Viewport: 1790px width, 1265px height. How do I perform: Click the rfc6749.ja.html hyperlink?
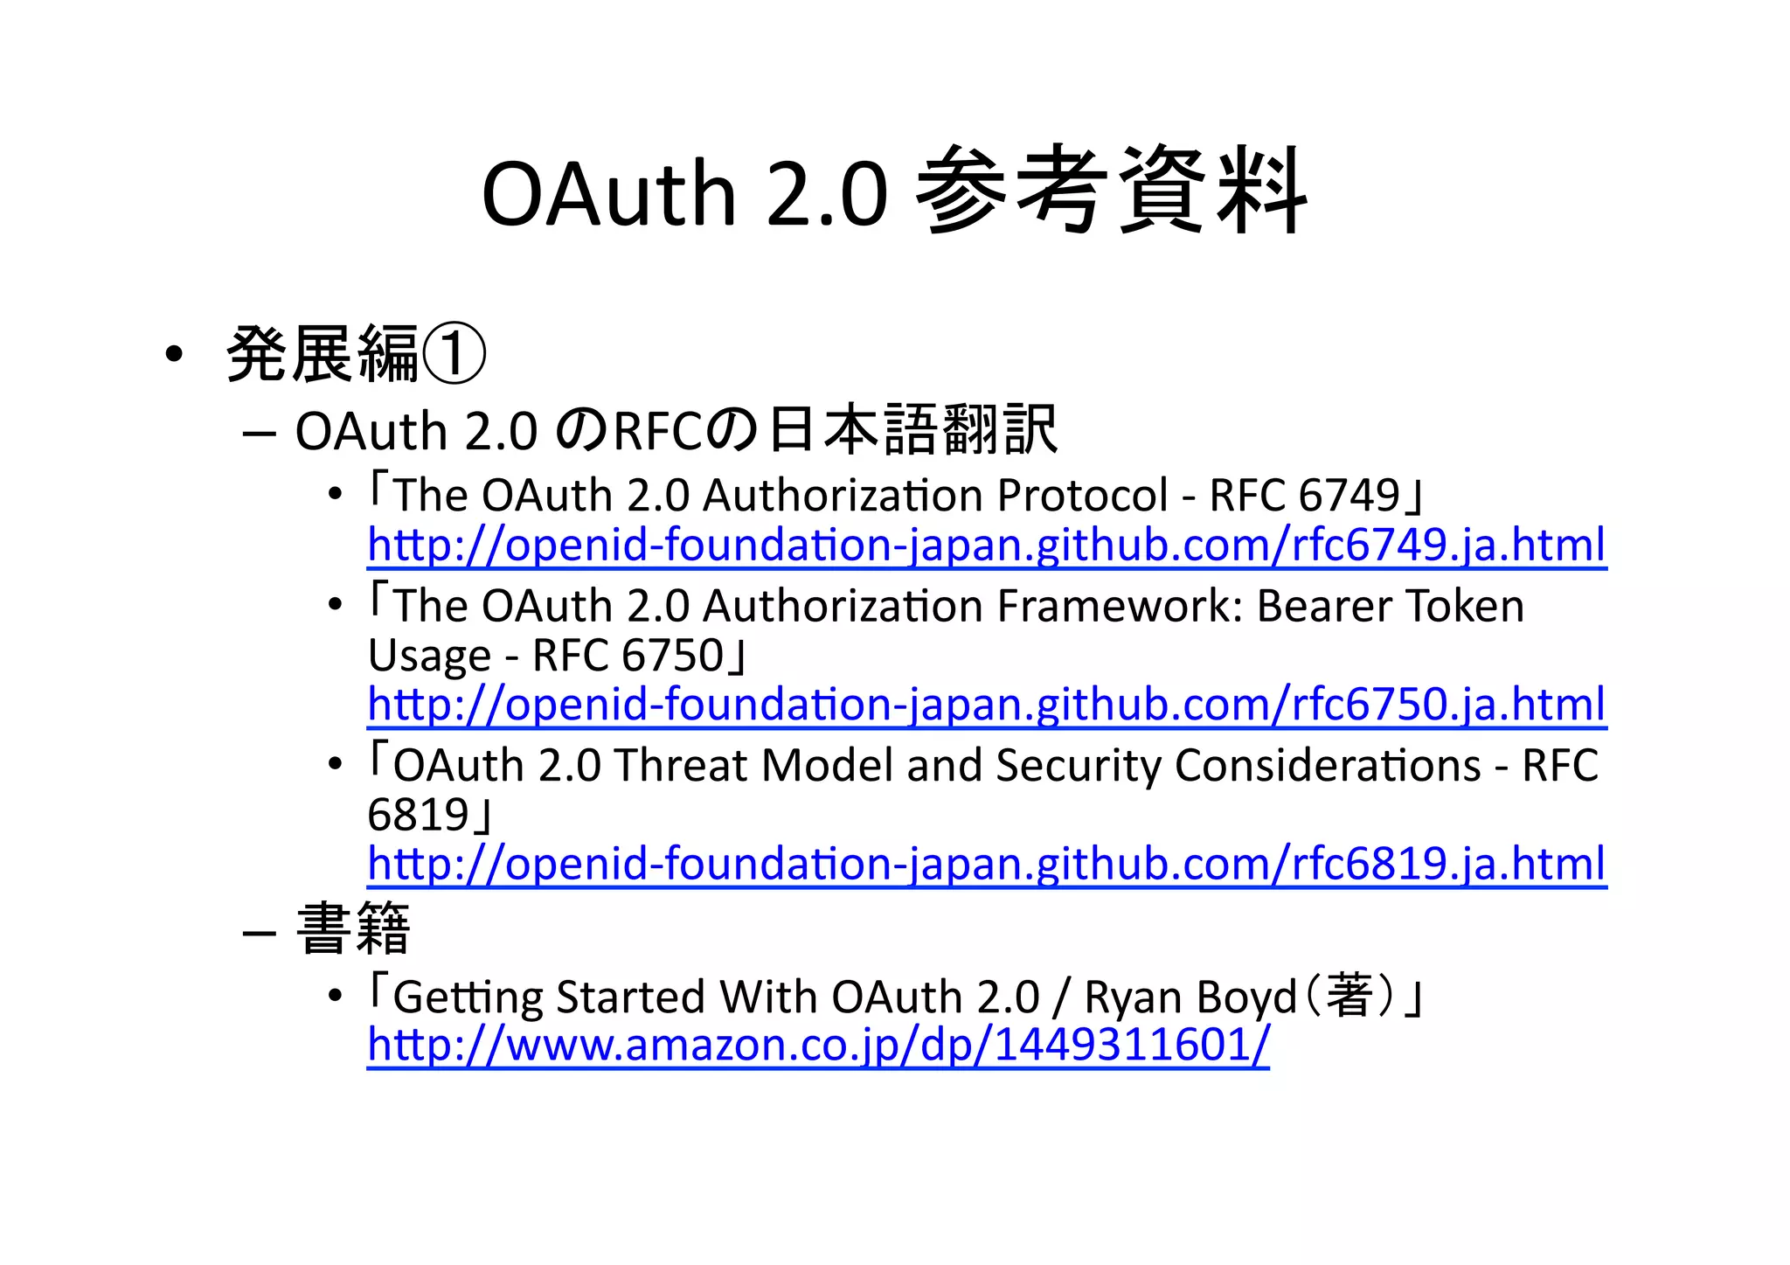click(x=986, y=546)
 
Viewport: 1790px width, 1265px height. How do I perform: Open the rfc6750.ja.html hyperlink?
click(x=986, y=705)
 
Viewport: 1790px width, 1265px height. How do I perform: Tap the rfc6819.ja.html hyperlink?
click(x=986, y=864)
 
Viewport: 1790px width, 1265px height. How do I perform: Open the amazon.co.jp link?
click(x=817, y=1045)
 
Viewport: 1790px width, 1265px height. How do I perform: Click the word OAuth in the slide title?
click(x=608, y=194)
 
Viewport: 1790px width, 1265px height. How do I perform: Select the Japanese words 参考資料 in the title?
click(x=1112, y=192)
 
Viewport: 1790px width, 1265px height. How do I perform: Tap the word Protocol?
click(x=1082, y=496)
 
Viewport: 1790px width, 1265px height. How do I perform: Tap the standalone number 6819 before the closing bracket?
click(x=419, y=815)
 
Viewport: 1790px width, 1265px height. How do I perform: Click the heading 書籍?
click(x=353, y=929)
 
